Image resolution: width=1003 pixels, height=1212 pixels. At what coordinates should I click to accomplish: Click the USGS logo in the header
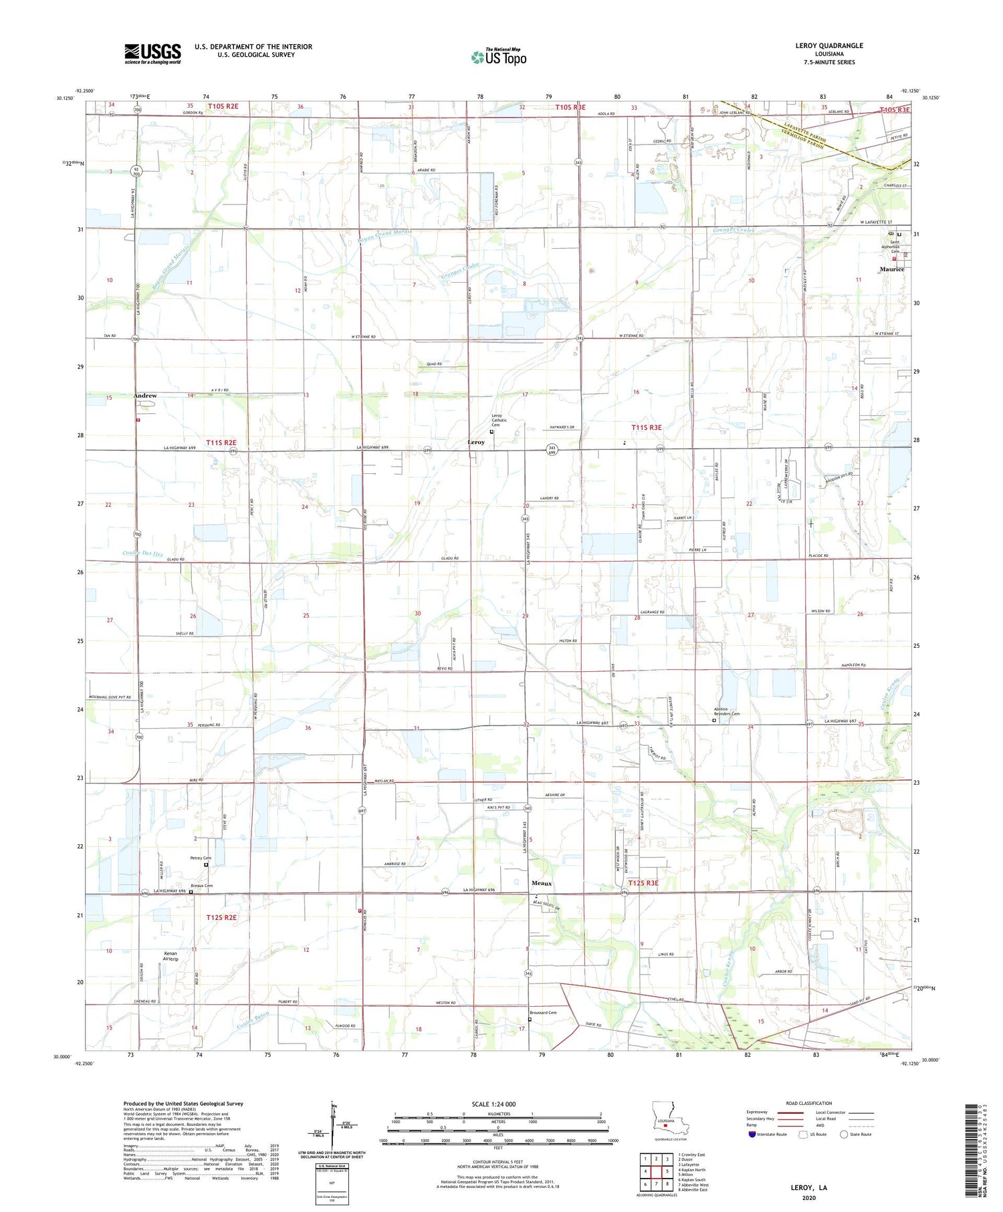point(152,53)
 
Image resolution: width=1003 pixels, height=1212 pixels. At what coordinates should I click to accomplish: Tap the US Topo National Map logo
point(499,57)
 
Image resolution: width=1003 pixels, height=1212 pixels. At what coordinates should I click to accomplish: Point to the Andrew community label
point(145,396)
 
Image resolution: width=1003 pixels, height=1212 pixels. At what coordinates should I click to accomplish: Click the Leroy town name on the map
point(476,443)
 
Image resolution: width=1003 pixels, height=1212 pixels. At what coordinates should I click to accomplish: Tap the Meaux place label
point(542,883)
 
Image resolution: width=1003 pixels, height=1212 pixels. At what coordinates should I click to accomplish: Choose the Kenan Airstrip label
point(171,956)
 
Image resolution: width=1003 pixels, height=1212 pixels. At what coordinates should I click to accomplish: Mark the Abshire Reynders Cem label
point(727,713)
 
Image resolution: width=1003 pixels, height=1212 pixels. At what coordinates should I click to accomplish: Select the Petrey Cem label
point(200,858)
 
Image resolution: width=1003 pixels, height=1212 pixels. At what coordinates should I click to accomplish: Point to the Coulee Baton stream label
point(253,1018)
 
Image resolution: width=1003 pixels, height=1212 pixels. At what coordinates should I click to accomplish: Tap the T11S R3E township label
point(647,427)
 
